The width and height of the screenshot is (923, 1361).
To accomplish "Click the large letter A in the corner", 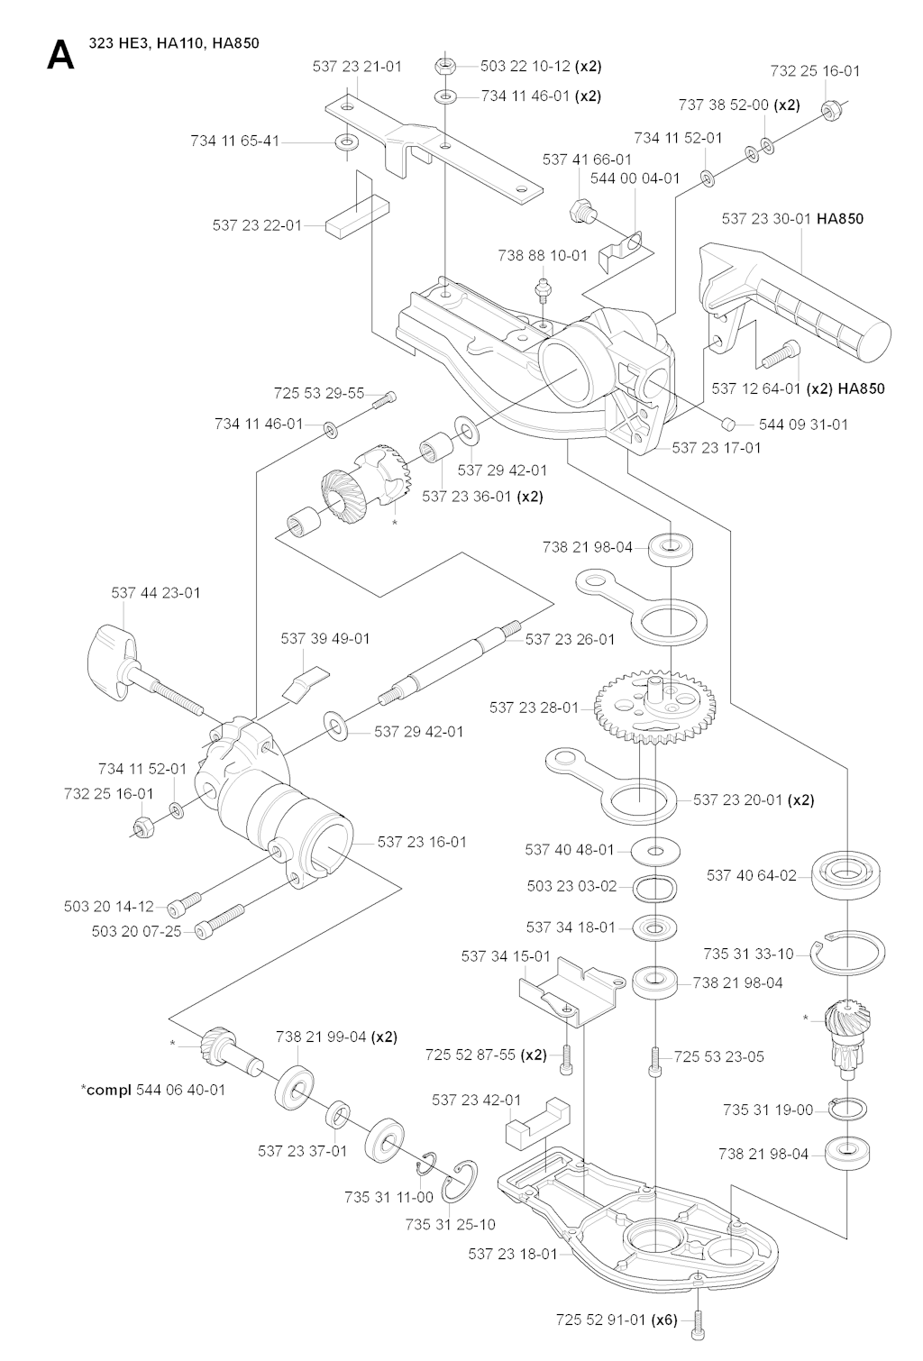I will tap(60, 55).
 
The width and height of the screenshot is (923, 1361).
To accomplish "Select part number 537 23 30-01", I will tap(766, 219).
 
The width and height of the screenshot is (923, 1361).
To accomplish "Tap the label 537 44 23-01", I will tap(156, 593).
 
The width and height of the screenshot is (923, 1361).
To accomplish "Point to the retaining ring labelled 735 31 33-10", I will tap(846, 955).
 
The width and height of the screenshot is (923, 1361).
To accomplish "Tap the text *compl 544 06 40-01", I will tap(153, 1090).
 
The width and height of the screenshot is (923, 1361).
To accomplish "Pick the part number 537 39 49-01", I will tap(325, 638).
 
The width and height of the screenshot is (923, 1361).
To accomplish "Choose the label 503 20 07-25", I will tap(136, 930).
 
